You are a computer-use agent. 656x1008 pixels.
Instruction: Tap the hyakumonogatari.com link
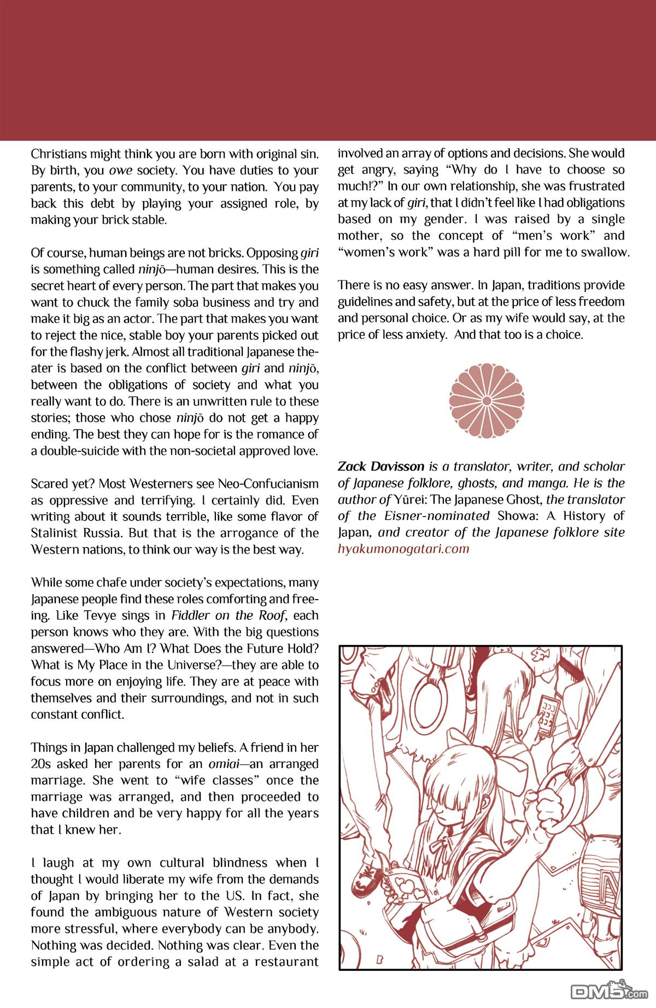click(x=403, y=549)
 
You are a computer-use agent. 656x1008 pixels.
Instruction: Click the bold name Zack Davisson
click(x=381, y=467)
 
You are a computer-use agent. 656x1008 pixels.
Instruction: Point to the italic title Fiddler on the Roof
click(x=228, y=616)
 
